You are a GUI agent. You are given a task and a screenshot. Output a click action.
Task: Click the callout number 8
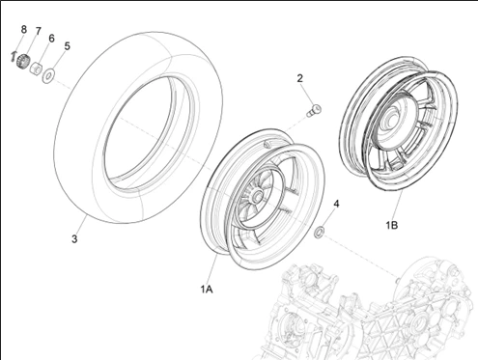pyautogui.click(x=23, y=29)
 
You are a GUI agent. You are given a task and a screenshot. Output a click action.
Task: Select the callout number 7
pyautogui.click(x=38, y=31)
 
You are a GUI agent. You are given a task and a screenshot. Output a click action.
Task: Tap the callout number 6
pyautogui.click(x=51, y=39)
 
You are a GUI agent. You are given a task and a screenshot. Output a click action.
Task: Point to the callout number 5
pyautogui.click(x=67, y=46)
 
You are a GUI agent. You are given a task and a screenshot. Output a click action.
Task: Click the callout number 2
pyautogui.click(x=300, y=78)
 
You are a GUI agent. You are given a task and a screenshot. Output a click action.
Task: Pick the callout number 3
pyautogui.click(x=74, y=239)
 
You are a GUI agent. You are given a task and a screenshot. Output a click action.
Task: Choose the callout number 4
pyautogui.click(x=337, y=204)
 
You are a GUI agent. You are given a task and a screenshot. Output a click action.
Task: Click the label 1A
pyautogui.click(x=207, y=290)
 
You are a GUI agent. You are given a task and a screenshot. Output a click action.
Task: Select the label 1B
pyautogui.click(x=392, y=225)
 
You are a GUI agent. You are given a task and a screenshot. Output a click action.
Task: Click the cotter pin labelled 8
pyautogui.click(x=13, y=56)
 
